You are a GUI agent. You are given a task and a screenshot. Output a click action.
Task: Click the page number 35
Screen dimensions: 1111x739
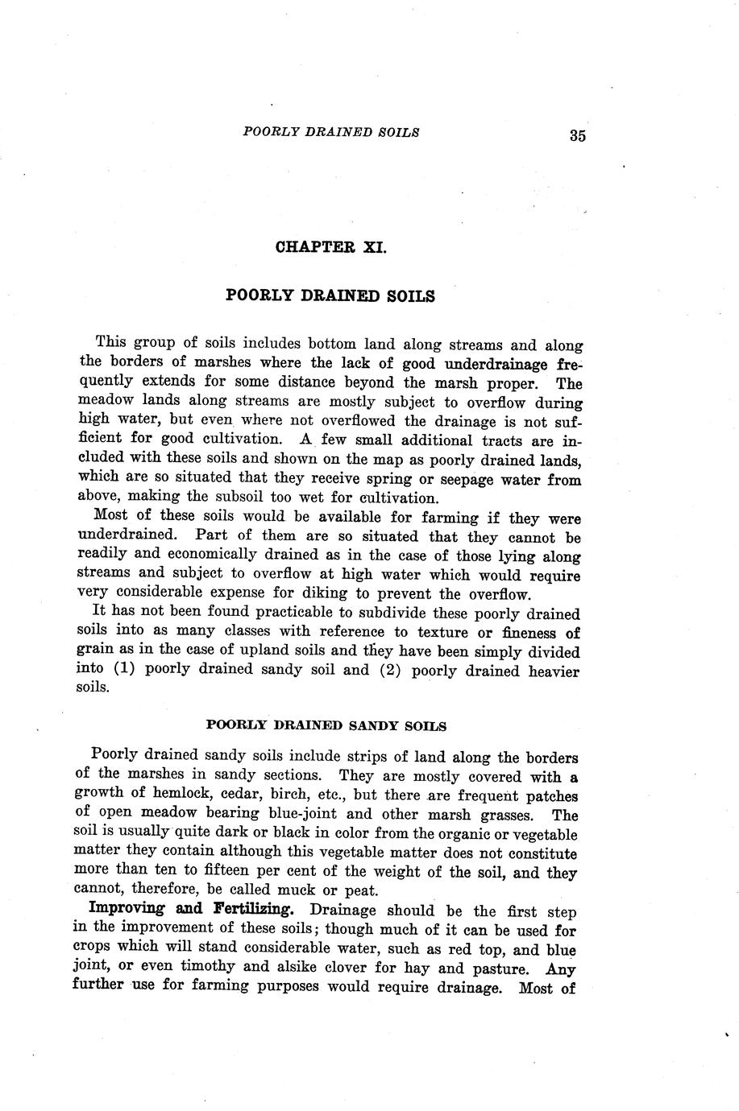pyautogui.click(x=577, y=135)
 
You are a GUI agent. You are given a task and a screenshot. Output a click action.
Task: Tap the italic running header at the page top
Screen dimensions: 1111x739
pyautogui.click(x=330, y=132)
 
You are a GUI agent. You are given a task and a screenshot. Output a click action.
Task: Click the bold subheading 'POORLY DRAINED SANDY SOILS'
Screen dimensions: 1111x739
pyautogui.click(x=326, y=725)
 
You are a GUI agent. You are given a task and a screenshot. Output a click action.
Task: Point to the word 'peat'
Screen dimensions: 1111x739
pyautogui.click(x=359, y=890)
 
